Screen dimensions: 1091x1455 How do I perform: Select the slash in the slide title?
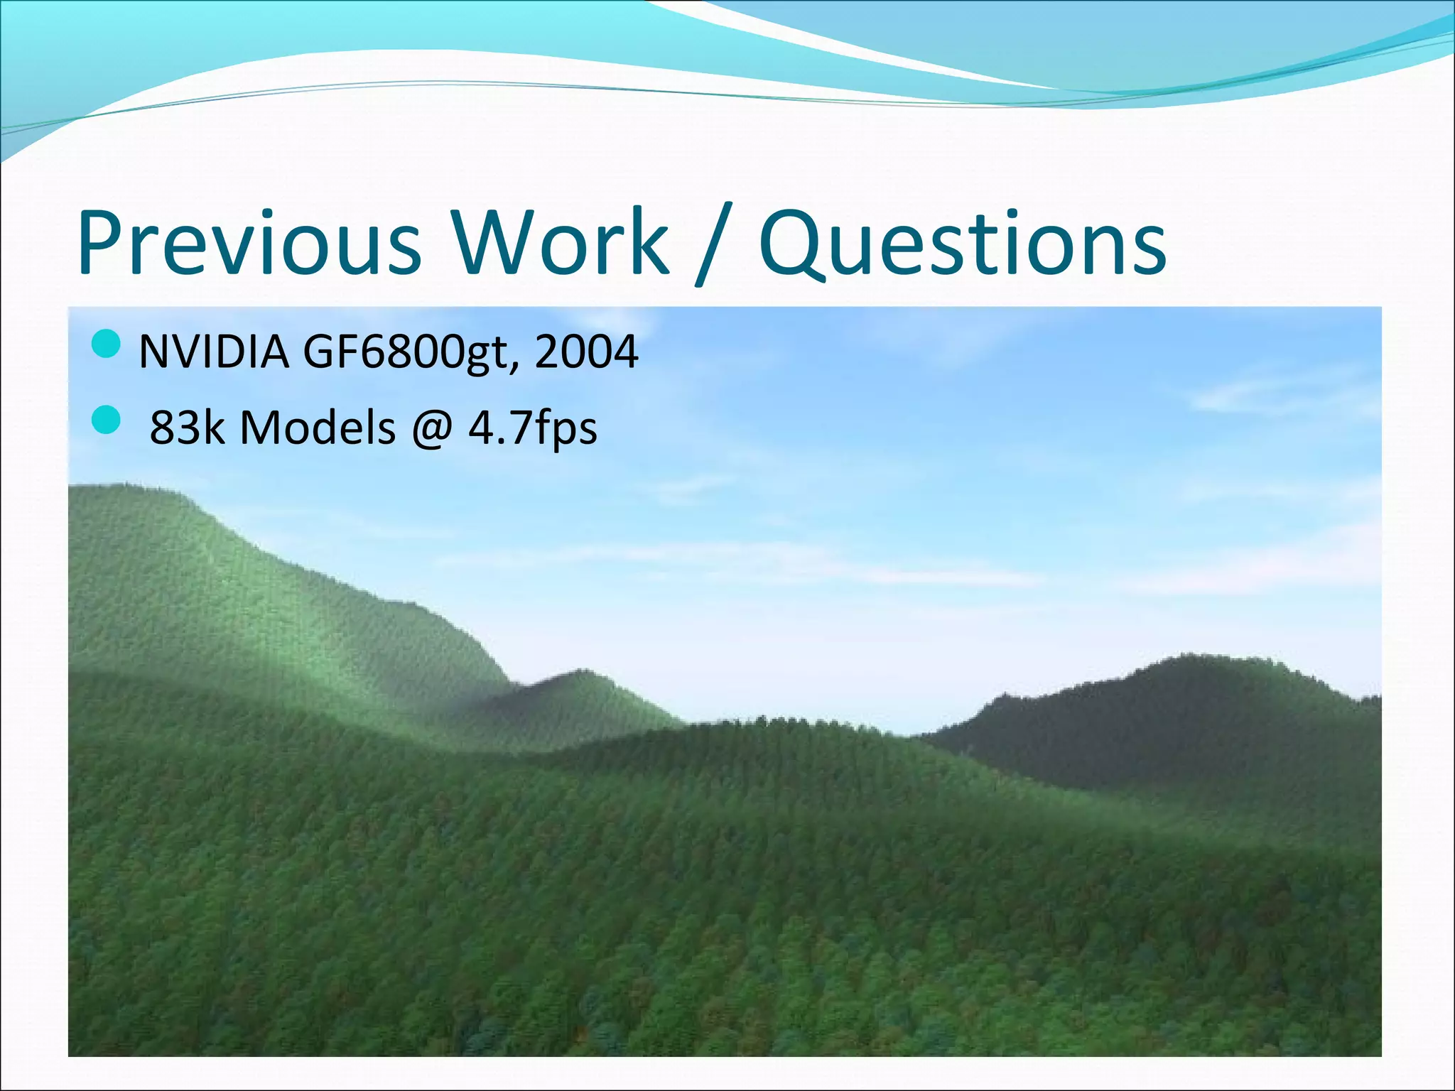click(713, 245)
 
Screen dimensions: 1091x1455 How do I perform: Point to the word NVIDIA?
click(214, 352)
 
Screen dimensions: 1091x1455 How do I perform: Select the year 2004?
click(586, 352)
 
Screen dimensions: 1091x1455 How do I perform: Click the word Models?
click(318, 428)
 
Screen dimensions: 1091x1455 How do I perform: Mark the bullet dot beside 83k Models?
click(107, 420)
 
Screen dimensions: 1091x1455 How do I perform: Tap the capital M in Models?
click(261, 428)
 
